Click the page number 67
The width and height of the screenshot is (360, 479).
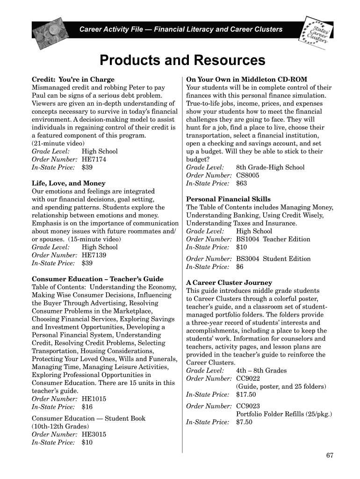pyautogui.click(x=330, y=456)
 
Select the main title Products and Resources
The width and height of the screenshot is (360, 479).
pyautogui.click(x=182, y=60)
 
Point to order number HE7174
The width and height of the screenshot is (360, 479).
pyautogui.click(x=94, y=159)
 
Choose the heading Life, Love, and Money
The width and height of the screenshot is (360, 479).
pyautogui.click(x=68, y=183)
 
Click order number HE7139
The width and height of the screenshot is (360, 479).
pyautogui.click(x=94, y=255)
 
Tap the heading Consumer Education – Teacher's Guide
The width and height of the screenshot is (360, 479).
pyautogui.click(x=97, y=279)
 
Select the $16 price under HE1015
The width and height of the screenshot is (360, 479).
pyautogui.click(x=87, y=406)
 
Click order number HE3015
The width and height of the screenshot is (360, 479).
pyautogui.click(x=94, y=434)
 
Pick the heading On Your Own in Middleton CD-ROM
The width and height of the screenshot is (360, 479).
pyautogui.click(x=246, y=80)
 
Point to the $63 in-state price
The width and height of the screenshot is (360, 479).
pyautogui.click(x=241, y=183)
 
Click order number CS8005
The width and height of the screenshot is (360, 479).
pyautogui.click(x=248, y=175)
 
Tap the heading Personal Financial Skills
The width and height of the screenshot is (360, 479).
pyautogui.click(x=228, y=199)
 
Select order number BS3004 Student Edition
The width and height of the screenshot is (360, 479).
pyautogui.click(x=273, y=259)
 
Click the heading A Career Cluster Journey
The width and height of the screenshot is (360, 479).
pyautogui.click(x=229, y=283)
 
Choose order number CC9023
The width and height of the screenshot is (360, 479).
pyautogui.click(x=248, y=406)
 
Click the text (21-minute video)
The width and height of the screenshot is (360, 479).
pyautogui.click(x=58, y=143)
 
